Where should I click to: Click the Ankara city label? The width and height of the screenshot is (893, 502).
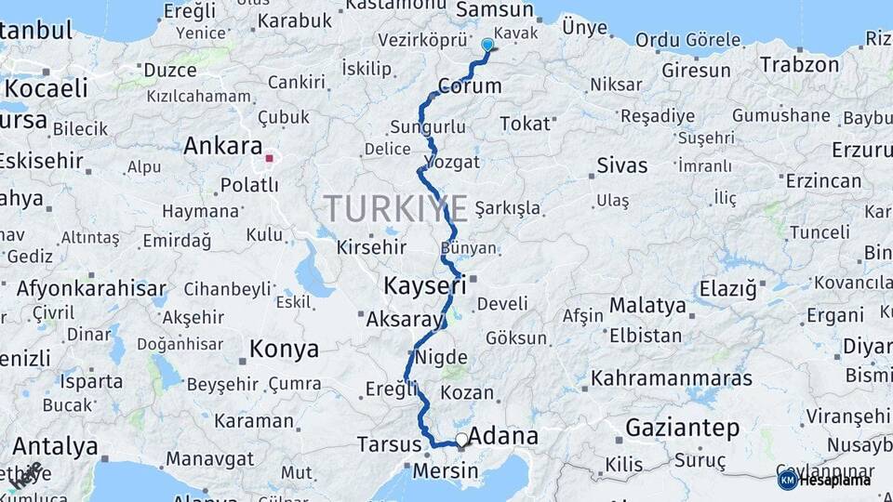pyautogui.click(x=223, y=146)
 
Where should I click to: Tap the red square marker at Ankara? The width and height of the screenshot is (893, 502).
pyautogui.click(x=270, y=158)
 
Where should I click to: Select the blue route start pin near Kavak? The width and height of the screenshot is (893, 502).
pyautogui.click(x=487, y=44)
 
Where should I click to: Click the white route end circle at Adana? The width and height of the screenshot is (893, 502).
pyautogui.click(x=461, y=439)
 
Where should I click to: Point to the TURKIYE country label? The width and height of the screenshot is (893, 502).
pyautogui.click(x=396, y=209)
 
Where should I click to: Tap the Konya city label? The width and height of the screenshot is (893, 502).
pyautogui.click(x=284, y=350)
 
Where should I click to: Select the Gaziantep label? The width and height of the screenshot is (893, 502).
pyautogui.click(x=683, y=429)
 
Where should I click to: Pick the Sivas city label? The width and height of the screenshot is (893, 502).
pyautogui.click(x=622, y=166)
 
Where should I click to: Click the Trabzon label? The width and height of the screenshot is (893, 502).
pyautogui.click(x=800, y=65)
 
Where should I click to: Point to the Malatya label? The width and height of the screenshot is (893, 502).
pyautogui.click(x=647, y=306)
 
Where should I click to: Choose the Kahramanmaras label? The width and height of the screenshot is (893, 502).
pyautogui.click(x=672, y=379)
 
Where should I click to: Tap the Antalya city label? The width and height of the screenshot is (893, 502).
pyautogui.click(x=55, y=446)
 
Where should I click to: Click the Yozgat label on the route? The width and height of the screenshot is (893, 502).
pyautogui.click(x=452, y=162)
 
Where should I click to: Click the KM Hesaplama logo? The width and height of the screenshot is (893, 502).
pyautogui.click(x=824, y=480)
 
